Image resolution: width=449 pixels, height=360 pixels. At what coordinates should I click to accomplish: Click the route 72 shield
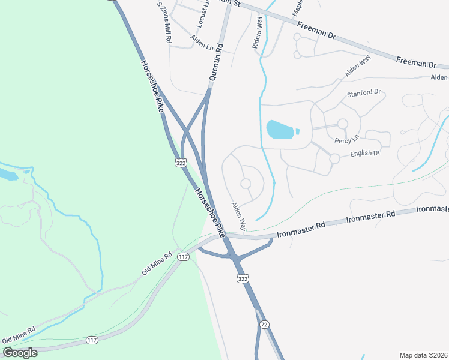[264, 325]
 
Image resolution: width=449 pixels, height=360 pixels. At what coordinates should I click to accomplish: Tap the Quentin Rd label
[216, 62]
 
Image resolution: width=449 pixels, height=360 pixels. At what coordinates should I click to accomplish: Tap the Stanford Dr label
[364, 93]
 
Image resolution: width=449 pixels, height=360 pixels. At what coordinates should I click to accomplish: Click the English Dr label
[366, 154]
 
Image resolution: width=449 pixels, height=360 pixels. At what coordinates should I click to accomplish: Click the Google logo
[20, 353]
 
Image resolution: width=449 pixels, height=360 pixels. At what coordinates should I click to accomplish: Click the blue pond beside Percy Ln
[280, 128]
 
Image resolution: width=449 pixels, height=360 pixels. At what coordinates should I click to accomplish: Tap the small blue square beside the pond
[298, 131]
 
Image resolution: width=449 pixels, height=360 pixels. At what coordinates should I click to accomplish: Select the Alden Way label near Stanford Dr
[358, 66]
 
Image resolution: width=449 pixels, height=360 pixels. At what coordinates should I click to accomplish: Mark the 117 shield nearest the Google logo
[91, 340]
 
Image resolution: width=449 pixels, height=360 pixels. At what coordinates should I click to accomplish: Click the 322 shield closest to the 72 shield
[243, 279]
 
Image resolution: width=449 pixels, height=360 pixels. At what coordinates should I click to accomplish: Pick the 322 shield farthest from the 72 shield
[180, 163]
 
